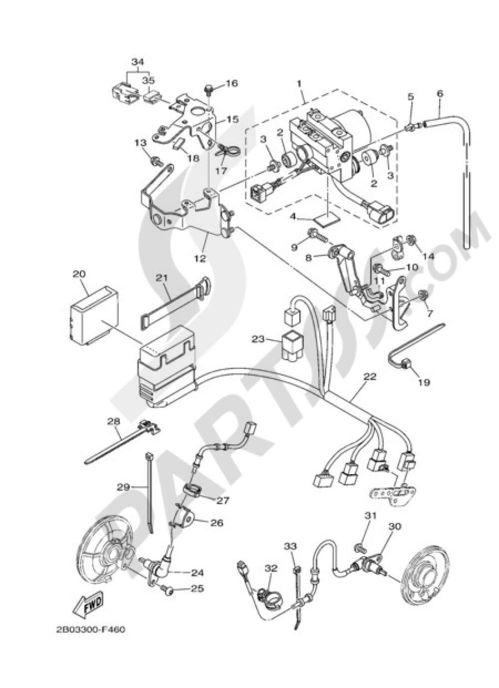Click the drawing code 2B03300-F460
pos(91,630)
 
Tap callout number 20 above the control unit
pos(79,274)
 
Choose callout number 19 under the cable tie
pos(424,382)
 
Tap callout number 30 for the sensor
pos(394,526)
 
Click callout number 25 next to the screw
pos(197,589)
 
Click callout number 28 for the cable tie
pos(114,421)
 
